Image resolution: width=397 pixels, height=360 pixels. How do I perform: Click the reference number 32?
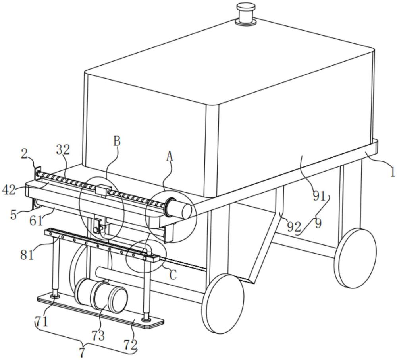[63, 150]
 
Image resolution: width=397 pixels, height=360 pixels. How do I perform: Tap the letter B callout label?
[117, 141]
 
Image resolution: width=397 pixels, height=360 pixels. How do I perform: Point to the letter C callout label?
[173, 275]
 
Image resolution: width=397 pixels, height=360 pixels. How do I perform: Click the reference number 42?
[9, 190]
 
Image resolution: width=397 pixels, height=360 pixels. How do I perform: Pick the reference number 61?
[37, 221]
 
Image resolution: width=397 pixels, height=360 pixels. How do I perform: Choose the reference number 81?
[27, 255]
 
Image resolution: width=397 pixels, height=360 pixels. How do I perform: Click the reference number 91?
[319, 196]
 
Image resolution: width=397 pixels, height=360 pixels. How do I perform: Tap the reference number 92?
[294, 227]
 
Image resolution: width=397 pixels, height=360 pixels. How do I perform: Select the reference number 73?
[98, 336]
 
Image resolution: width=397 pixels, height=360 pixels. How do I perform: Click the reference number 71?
[41, 322]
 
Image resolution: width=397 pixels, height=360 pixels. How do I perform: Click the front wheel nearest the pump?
[223, 303]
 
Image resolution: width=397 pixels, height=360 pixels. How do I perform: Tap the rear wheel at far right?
[355, 258]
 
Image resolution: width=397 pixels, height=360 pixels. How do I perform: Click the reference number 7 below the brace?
[81, 353]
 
